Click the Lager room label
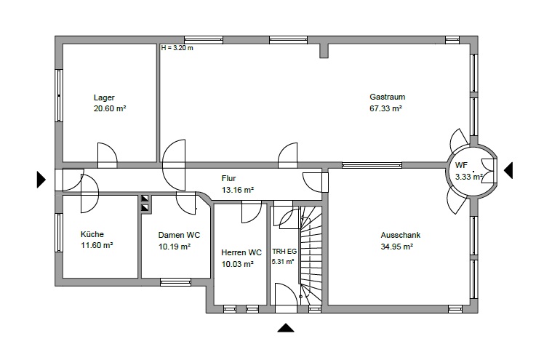click(104, 97)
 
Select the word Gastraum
click(387, 97)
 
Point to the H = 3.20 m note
click(177, 48)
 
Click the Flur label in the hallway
click(229, 178)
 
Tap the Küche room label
click(92, 234)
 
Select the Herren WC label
click(241, 252)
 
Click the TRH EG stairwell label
click(283, 251)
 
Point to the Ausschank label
click(401, 236)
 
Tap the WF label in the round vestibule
click(461, 166)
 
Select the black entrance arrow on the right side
click(508, 170)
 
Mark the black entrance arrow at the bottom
click(286, 328)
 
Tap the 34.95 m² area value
click(397, 247)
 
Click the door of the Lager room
click(107, 154)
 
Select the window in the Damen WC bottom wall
click(175, 281)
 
